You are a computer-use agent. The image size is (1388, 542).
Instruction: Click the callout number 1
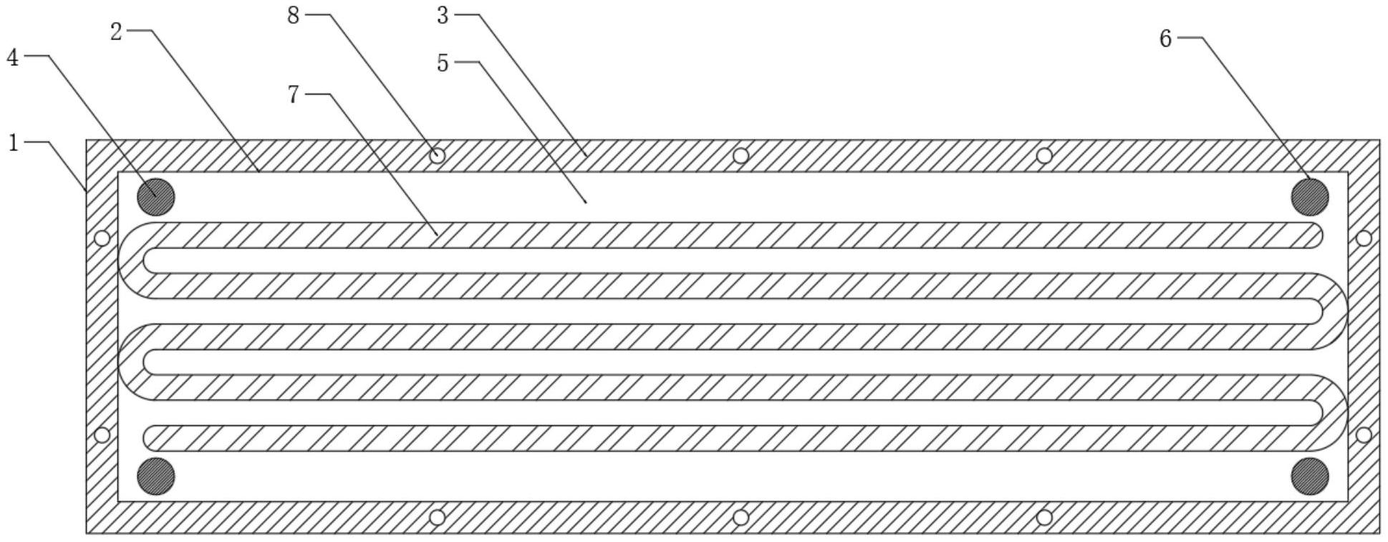pos(13,143)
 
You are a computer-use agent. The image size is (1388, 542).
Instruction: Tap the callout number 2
pos(117,32)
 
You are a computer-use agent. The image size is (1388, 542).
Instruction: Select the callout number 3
pos(443,15)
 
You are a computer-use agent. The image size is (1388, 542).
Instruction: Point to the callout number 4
pos(13,57)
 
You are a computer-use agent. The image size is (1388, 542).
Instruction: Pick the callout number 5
pos(443,64)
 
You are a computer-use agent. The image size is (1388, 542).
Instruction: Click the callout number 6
pos(1165,39)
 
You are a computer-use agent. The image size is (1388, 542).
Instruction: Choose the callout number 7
pos(294,95)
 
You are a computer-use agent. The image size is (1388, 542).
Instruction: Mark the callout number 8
pos(293,15)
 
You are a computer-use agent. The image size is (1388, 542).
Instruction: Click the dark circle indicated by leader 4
pos(156,197)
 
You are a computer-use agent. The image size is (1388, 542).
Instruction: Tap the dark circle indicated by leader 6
pos(1309,197)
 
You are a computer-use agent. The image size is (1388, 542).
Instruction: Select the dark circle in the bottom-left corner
pos(156,476)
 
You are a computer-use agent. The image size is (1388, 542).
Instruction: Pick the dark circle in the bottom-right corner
pos(1309,476)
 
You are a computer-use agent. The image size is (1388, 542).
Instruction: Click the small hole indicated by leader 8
pos(438,155)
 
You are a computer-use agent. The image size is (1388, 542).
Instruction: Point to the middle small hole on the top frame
pos(741,155)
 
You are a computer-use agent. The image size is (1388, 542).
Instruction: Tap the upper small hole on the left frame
pos(102,238)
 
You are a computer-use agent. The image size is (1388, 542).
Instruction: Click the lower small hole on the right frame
pos(1364,435)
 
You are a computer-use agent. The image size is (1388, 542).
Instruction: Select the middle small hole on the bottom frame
pos(741,517)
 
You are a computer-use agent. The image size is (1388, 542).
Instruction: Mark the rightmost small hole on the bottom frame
pos(1044,517)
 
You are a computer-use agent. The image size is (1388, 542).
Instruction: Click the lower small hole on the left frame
pos(102,435)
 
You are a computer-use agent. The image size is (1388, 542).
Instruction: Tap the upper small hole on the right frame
pos(1364,238)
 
